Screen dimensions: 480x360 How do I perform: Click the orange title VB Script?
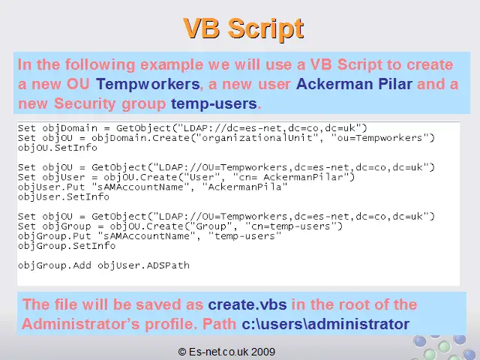pos(244,28)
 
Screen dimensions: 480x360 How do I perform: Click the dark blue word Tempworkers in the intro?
pos(148,84)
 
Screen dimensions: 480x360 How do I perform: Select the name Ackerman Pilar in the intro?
pos(354,84)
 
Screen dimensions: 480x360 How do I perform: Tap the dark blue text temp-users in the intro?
pos(214,103)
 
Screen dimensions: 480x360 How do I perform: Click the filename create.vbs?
pos(247,304)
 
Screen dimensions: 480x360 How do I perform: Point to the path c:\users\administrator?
pos(325,324)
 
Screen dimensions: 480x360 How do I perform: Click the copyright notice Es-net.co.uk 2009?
pos(226,352)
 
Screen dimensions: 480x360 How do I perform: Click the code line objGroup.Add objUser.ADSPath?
pos(103,265)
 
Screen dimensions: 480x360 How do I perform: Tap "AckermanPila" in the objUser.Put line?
pos(244,187)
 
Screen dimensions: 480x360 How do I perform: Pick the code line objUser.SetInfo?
pos(64,196)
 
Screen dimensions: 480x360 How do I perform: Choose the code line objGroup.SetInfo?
pos(67,246)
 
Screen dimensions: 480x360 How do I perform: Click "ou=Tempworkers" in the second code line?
pos(379,138)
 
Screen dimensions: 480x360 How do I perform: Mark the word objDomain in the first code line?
pos(70,128)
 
